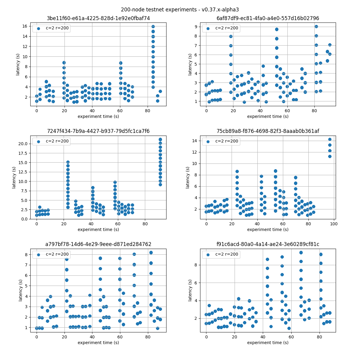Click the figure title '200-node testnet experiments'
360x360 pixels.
180,10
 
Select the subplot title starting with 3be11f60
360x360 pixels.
98,18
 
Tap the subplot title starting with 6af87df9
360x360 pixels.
268,18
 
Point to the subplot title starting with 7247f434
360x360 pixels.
98,131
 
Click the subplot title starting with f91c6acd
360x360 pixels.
268,244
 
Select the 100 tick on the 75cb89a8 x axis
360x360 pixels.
334,224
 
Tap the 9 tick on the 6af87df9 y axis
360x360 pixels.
196,27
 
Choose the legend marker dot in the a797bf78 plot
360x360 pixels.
38,255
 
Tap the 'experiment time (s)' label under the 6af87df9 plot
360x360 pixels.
268,116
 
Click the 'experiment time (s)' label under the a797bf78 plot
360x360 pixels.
98,343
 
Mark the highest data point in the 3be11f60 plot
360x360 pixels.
153,27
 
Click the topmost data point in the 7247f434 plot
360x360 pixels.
160,139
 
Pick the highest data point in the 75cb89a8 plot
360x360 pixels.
330,139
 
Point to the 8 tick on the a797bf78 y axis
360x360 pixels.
26,255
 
